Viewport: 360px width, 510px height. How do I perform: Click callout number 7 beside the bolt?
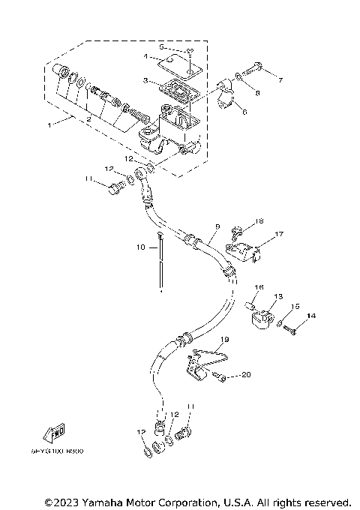point(281,79)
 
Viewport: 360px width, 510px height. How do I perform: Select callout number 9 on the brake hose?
point(217,226)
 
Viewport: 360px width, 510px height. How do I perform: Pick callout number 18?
point(259,222)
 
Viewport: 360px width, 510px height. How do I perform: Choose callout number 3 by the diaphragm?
point(148,79)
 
